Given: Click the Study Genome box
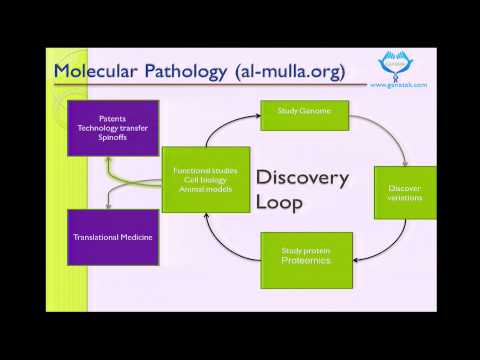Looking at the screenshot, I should coord(304,114).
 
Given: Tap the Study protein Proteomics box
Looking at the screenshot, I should coord(306,260).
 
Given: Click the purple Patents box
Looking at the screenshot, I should coord(112,128).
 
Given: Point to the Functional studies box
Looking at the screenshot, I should coord(205,179).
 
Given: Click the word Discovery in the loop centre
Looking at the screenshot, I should coord(302,178).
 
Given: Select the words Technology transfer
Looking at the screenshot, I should coord(112,128).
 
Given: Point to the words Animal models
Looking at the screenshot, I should coord(205,189).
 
